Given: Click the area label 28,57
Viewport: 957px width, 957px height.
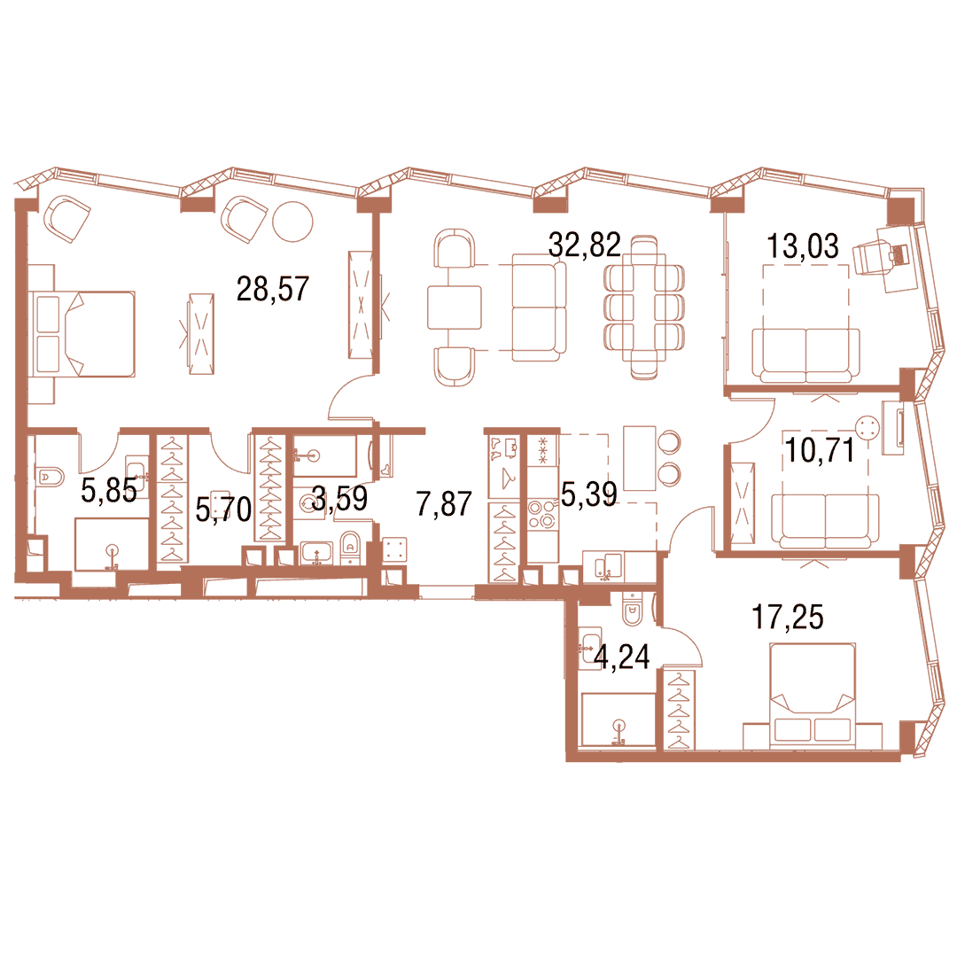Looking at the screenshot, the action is [273, 289].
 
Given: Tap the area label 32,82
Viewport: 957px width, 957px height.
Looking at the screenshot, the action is [584, 245].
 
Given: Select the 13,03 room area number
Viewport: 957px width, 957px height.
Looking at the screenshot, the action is [802, 246].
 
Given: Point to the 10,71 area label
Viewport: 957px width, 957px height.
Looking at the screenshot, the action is [819, 451].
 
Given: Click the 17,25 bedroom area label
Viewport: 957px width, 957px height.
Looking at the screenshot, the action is [788, 617].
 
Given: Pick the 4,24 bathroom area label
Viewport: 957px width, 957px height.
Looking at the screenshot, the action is [622, 657].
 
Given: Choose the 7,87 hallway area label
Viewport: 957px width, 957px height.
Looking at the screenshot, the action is [444, 504].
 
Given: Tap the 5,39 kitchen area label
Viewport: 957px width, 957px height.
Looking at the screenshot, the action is [589, 494].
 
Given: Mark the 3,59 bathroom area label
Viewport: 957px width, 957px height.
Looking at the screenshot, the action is [339, 498].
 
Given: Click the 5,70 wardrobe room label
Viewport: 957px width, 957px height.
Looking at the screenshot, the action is [223, 509].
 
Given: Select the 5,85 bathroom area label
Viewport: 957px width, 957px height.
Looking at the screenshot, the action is [109, 490].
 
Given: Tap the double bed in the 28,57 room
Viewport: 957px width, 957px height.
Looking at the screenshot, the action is [85, 333].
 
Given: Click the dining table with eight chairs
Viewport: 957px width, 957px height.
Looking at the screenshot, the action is [644, 307].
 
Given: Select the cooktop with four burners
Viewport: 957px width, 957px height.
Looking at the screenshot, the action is [542, 514].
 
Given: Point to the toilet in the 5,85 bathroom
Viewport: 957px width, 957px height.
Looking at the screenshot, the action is [50, 477].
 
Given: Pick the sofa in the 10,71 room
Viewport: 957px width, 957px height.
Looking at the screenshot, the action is [825, 521].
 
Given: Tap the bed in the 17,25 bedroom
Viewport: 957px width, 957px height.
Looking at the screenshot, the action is [812, 694].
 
